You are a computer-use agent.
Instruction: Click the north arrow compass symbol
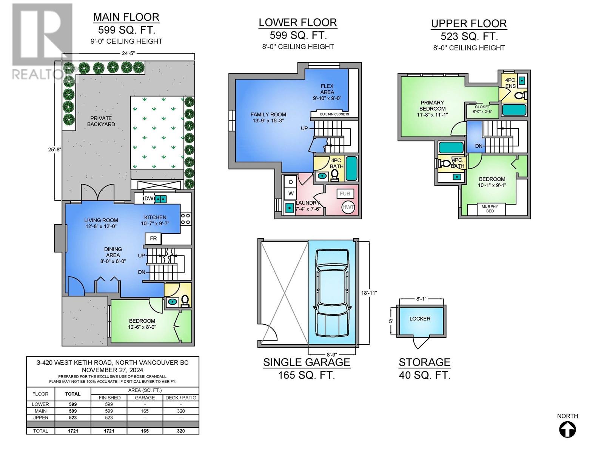(567, 429)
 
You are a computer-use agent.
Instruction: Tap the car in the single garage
(332, 293)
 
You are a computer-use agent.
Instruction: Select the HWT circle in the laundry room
(348, 207)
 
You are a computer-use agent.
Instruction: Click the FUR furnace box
(345, 194)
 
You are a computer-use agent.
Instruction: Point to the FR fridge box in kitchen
(153, 239)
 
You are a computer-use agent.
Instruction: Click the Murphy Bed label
(490, 209)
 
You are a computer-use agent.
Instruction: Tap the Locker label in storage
(420, 319)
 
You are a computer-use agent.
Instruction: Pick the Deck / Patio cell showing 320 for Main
(181, 411)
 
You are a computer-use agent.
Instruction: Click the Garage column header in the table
(145, 398)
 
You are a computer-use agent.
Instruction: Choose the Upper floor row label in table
(40, 418)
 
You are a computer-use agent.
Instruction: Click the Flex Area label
(327, 89)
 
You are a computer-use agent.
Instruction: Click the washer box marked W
(291, 194)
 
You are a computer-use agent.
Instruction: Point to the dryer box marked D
(291, 182)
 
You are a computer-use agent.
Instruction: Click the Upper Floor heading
(469, 24)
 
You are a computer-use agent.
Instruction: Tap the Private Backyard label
(101, 121)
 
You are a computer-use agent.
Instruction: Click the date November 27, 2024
(112, 370)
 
